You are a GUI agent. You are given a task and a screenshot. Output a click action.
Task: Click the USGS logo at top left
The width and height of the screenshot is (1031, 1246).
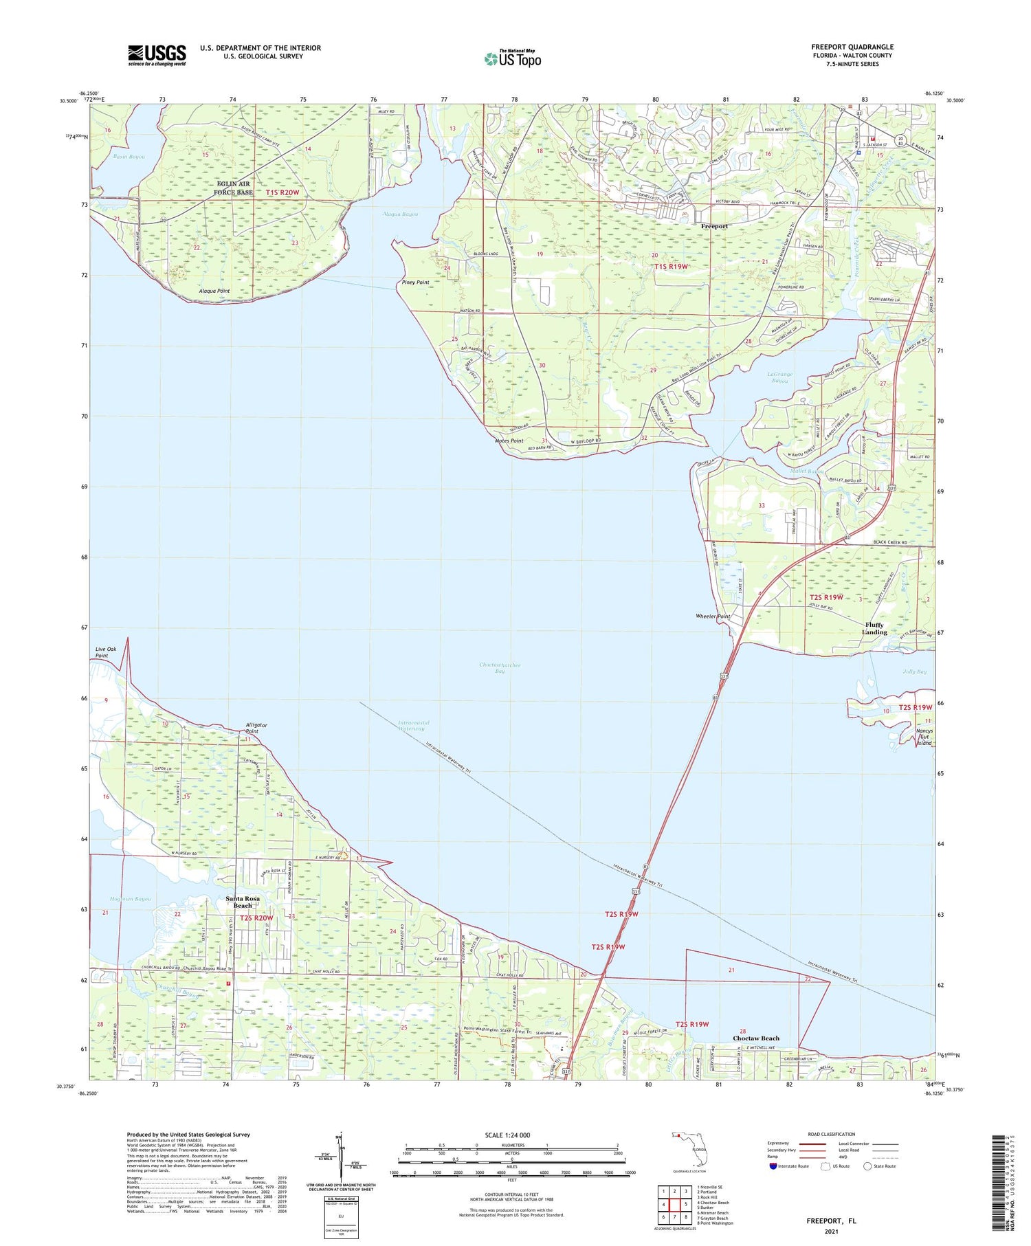point(157,55)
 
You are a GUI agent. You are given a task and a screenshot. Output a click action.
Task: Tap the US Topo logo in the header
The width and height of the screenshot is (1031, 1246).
point(513,58)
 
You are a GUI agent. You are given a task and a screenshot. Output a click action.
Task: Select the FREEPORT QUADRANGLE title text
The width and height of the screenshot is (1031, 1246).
point(852,47)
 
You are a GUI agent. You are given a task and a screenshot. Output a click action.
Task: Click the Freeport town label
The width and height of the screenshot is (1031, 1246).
point(714,226)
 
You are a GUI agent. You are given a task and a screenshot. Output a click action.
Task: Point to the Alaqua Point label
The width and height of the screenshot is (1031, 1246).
point(214,291)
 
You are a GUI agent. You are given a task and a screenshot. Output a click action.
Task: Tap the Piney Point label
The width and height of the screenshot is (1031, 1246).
point(415,282)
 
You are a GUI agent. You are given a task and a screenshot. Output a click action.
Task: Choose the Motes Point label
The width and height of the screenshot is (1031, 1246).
point(509,441)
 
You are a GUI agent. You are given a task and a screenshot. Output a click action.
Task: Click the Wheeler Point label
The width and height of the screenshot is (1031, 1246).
point(713,616)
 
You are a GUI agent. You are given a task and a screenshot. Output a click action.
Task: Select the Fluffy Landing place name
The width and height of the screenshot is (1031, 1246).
point(874,628)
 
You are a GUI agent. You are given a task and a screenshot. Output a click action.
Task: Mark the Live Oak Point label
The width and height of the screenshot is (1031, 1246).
point(102,652)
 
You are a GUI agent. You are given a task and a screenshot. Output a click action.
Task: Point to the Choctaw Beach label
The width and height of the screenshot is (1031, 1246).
point(756,1038)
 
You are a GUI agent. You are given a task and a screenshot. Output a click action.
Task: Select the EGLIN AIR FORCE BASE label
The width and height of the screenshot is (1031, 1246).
point(233,188)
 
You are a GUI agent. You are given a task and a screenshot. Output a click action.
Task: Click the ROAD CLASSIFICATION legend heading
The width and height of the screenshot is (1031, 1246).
point(832,1134)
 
